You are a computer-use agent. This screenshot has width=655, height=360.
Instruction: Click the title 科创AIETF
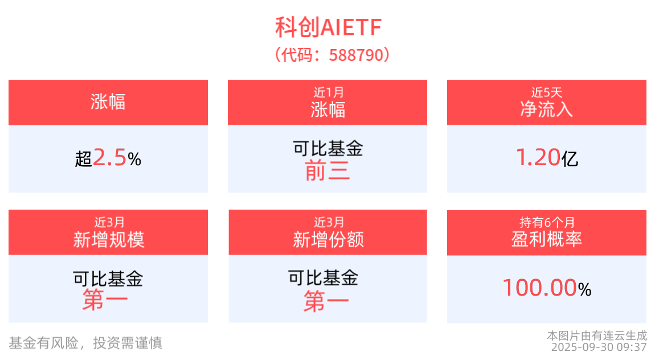(x=327, y=27)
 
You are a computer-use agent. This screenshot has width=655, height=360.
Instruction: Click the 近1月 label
(x=327, y=92)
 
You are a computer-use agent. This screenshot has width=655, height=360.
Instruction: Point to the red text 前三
(x=327, y=170)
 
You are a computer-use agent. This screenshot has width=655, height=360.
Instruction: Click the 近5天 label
(x=546, y=92)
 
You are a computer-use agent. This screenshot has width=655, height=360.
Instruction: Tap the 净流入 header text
(x=546, y=109)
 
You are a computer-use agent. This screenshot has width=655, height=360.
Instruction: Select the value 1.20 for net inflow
(x=538, y=158)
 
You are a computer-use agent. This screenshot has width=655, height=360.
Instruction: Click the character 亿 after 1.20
(x=570, y=159)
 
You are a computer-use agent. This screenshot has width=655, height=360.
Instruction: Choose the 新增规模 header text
(x=108, y=239)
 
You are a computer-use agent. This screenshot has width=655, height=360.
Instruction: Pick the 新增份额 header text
(x=328, y=239)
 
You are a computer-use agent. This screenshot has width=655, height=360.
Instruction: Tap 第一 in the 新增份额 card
(x=326, y=301)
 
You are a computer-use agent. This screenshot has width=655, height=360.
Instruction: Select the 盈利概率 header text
(x=546, y=239)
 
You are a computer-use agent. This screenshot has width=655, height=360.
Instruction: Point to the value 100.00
(x=539, y=288)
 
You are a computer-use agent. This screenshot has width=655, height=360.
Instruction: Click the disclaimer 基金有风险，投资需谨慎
(x=85, y=342)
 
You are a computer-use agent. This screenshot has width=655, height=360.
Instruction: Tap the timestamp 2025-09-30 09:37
(x=599, y=346)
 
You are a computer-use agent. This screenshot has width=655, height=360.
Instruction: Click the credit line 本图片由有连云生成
(x=596, y=336)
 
